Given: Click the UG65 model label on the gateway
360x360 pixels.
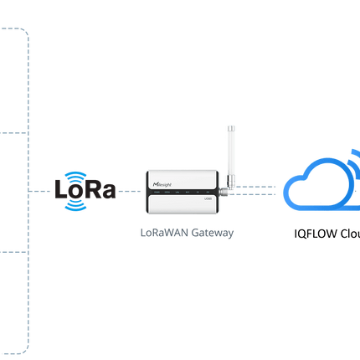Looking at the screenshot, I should click(x=206, y=198).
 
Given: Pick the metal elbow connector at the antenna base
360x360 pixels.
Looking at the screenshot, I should click(x=224, y=192).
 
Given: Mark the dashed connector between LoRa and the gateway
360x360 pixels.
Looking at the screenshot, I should click(x=130, y=191).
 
